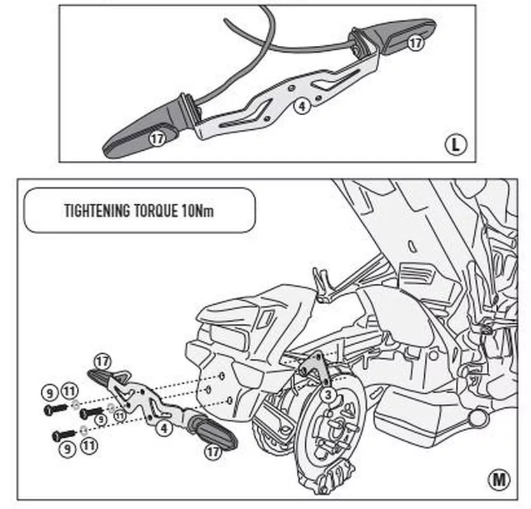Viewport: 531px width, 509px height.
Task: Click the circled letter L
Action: [x=455, y=144]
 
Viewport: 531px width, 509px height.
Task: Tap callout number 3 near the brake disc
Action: [x=328, y=395]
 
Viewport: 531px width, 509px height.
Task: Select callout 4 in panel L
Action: [x=303, y=106]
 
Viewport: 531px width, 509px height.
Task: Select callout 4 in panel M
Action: [x=165, y=428]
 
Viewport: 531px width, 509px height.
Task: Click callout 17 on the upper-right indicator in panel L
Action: [x=415, y=43]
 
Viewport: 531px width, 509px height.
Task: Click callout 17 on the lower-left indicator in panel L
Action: [x=157, y=136]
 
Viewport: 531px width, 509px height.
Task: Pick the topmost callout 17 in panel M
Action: [x=102, y=362]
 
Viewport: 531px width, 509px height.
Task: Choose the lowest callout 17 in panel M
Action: [x=213, y=451]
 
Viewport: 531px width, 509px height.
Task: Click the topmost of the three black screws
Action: [x=55, y=409]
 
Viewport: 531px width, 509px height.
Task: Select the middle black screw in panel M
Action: [x=91, y=414]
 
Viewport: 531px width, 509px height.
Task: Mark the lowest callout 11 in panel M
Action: [x=89, y=446]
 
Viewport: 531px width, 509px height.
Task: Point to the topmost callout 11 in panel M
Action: [x=70, y=390]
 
